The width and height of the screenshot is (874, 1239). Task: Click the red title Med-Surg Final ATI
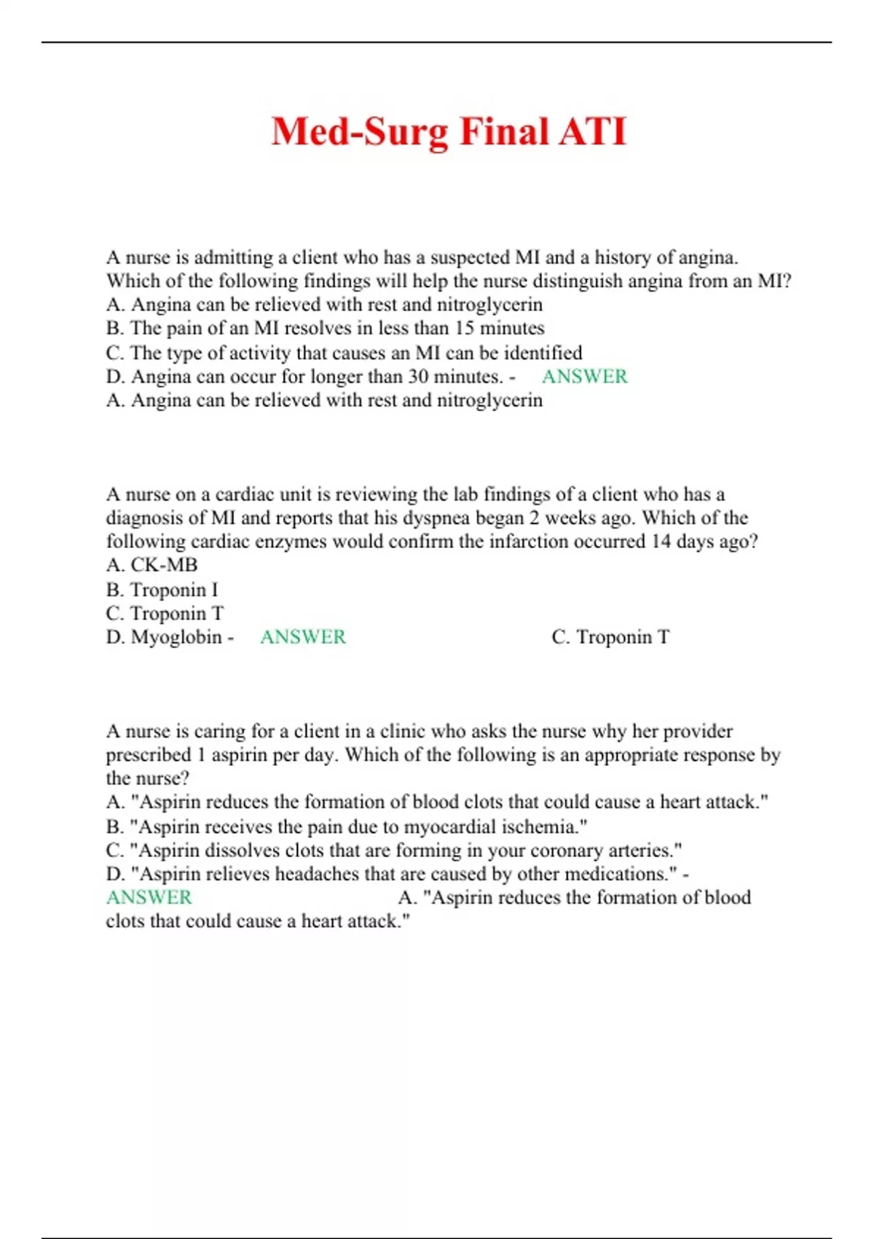point(449,132)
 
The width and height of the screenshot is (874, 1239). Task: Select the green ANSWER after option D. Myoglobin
point(303,637)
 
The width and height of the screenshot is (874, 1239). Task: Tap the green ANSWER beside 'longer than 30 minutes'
point(584,377)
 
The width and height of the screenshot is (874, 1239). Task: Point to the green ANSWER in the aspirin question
point(149,897)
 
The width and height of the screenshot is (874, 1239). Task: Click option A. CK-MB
point(151,566)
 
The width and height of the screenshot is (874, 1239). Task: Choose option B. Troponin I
point(162,590)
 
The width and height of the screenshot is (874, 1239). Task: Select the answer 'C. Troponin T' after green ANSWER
point(610,637)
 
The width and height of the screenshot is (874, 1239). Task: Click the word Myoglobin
point(176,637)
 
